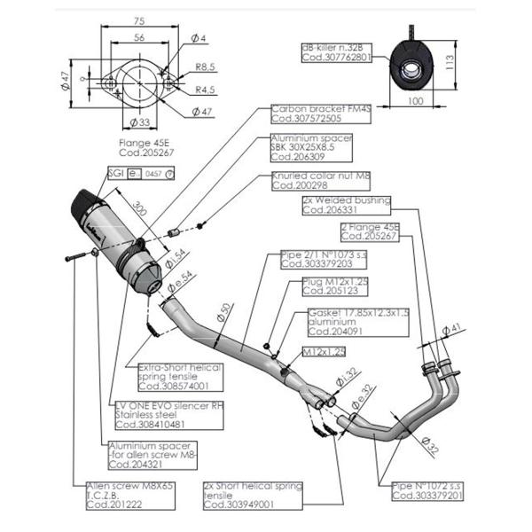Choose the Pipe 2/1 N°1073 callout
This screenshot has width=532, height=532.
pyautogui.click(x=317, y=259)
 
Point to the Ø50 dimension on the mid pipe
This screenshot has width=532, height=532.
pyautogui.click(x=224, y=311)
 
